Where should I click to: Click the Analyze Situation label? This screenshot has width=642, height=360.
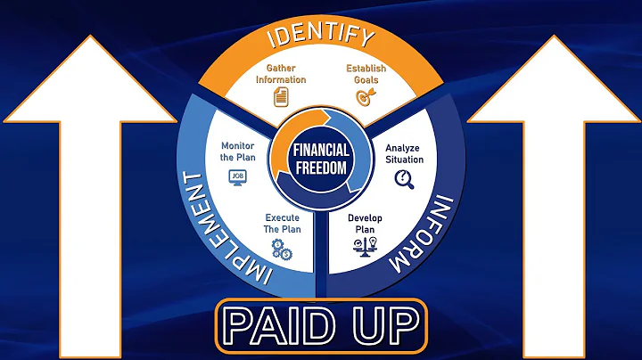404,154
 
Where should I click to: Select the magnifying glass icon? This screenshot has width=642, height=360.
403,178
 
